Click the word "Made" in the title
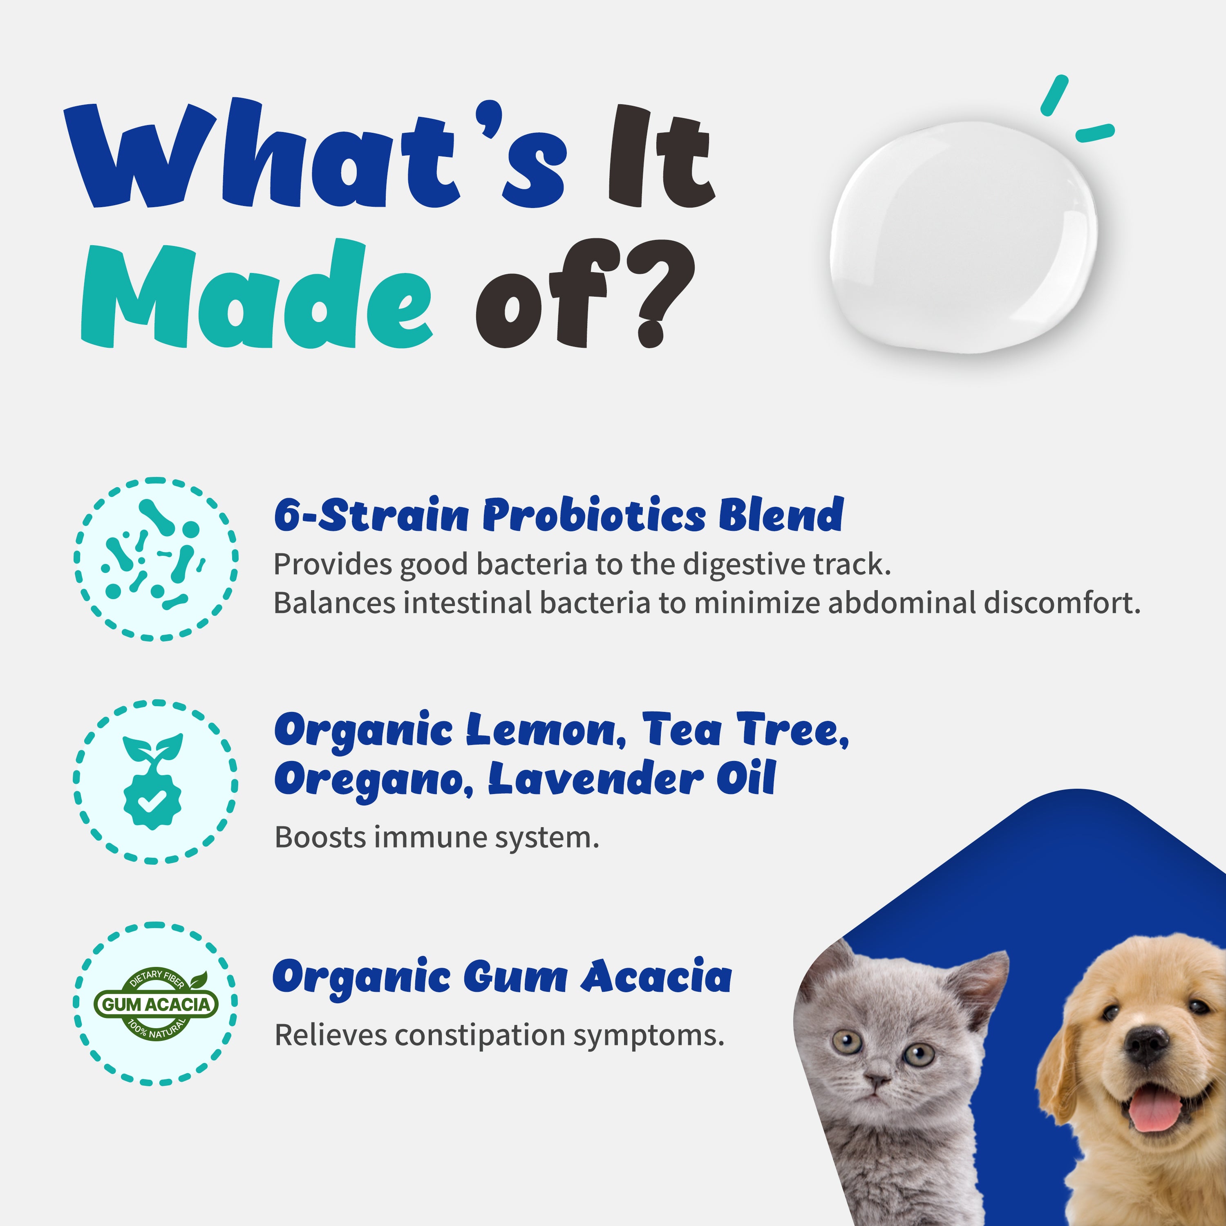pyautogui.click(x=257, y=295)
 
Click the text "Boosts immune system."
pyautogui.click(x=436, y=838)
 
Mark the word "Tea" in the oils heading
pyautogui.click(x=682, y=730)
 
